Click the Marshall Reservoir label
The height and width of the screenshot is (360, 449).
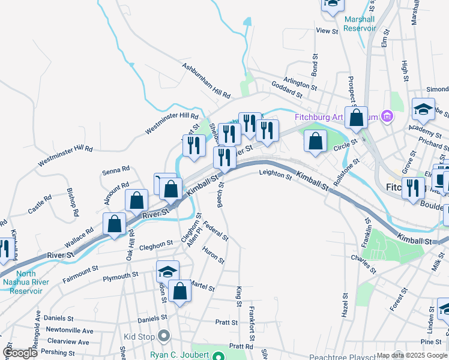point(359,23)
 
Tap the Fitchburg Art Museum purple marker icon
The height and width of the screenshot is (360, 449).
point(387,116)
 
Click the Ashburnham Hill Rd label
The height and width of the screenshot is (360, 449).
point(206,82)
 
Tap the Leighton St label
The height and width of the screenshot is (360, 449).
point(275,175)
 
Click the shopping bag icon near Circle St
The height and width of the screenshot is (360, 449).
point(315,142)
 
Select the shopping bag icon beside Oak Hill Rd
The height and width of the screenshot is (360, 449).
point(114,224)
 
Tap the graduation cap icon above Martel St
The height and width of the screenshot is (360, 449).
point(167,271)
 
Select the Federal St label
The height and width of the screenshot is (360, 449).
point(216,231)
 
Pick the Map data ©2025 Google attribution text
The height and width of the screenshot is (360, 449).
point(412,355)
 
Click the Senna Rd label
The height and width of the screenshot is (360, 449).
point(116,172)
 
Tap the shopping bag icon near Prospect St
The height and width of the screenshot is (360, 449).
point(356,119)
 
